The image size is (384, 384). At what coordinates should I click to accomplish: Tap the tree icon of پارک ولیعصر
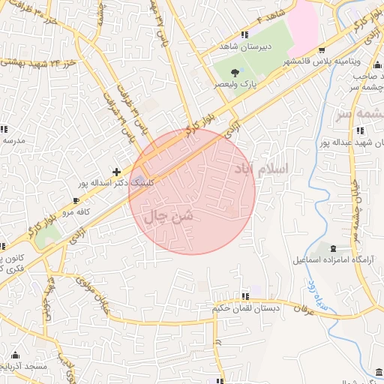235,73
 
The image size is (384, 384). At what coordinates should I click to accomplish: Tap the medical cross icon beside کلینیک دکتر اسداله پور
115,172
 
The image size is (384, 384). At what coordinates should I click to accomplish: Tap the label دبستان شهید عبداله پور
349,140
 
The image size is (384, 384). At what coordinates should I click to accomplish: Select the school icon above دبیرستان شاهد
244,34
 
